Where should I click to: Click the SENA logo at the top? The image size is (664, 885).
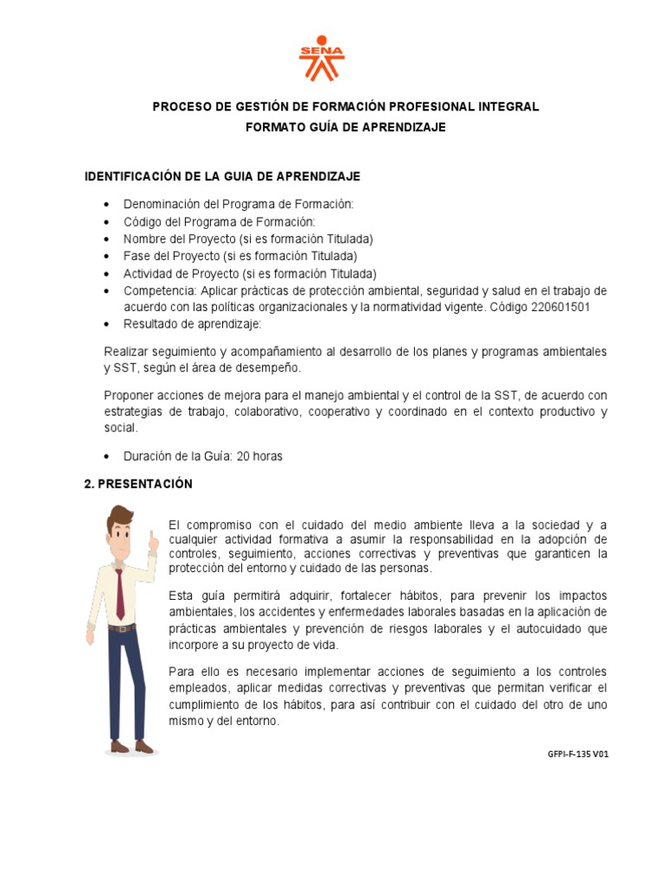[x=322, y=58]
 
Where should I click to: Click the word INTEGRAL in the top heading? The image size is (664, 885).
[x=509, y=106]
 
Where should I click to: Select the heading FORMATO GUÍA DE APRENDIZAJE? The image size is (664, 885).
[x=346, y=127]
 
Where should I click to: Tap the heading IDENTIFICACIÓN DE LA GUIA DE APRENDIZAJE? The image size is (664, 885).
[x=221, y=176]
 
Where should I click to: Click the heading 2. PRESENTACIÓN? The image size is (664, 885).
[x=138, y=484]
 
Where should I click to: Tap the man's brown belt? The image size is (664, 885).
[x=123, y=627]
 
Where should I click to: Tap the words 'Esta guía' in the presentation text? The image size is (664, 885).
[x=194, y=596]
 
